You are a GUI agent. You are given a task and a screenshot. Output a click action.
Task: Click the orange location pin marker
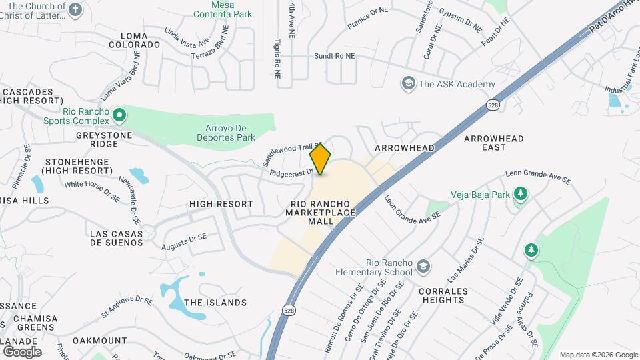pyautogui.click(x=321, y=159)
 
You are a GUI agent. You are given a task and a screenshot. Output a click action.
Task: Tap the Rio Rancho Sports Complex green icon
pyautogui.click(x=119, y=115)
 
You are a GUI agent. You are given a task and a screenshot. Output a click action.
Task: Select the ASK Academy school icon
pyautogui.click(x=407, y=84)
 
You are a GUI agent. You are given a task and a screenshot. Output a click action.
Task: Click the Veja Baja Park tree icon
pyautogui.click(x=520, y=194)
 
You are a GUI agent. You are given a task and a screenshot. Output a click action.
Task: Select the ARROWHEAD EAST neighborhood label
pyautogui.click(x=494, y=143)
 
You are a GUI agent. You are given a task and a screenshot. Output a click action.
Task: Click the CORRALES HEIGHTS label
pyautogui.click(x=441, y=295)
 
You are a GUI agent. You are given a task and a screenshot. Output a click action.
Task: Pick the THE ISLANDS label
pyautogui.click(x=215, y=303)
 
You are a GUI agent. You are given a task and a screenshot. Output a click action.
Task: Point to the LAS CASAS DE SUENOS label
pyautogui.click(x=117, y=238)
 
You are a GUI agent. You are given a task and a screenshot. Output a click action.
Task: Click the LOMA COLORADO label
pyautogui.click(x=140, y=40)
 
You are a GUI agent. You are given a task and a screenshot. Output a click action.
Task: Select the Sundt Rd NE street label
pyautogui.click(x=335, y=57)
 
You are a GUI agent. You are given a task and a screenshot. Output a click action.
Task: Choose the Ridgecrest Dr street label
pyautogui.click(x=291, y=173)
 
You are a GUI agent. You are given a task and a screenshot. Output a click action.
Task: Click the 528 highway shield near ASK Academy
pyautogui.click(x=493, y=105)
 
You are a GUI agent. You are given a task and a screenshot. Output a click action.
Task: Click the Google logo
pyautogui.click(x=21, y=351)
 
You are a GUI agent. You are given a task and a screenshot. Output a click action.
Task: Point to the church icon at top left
pyautogui.click(x=75, y=9)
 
